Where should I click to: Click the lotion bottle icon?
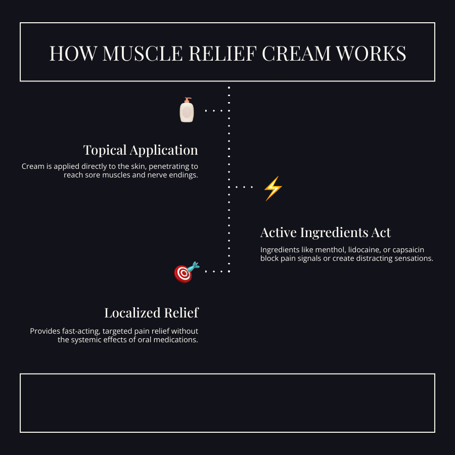tap(187, 111)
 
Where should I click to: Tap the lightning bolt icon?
tap(273, 189)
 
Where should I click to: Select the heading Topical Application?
tap(141, 150)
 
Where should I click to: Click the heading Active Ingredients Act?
tap(326, 233)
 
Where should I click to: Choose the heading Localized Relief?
tap(151, 313)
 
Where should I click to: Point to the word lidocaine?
tap(366, 250)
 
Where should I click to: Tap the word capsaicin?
tap(414, 250)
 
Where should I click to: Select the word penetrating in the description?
tap(171, 166)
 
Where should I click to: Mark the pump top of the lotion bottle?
tap(188, 100)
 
